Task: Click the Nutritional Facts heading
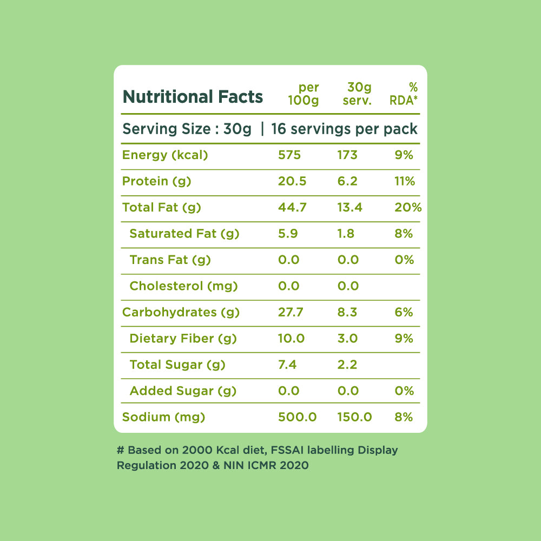click(193, 97)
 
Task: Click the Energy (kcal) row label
click(165, 155)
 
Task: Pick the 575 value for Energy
click(289, 155)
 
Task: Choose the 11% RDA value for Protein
click(405, 181)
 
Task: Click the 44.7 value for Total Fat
click(292, 207)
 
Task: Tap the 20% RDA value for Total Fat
click(408, 207)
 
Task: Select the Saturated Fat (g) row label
click(184, 234)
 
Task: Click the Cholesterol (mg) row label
click(184, 286)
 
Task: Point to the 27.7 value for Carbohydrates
click(291, 312)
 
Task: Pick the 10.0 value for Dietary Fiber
click(291, 339)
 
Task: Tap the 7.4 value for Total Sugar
click(287, 365)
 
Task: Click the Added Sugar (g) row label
click(183, 391)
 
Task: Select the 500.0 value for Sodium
click(297, 417)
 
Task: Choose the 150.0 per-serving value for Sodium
click(354, 417)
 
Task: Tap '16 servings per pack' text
click(345, 129)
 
